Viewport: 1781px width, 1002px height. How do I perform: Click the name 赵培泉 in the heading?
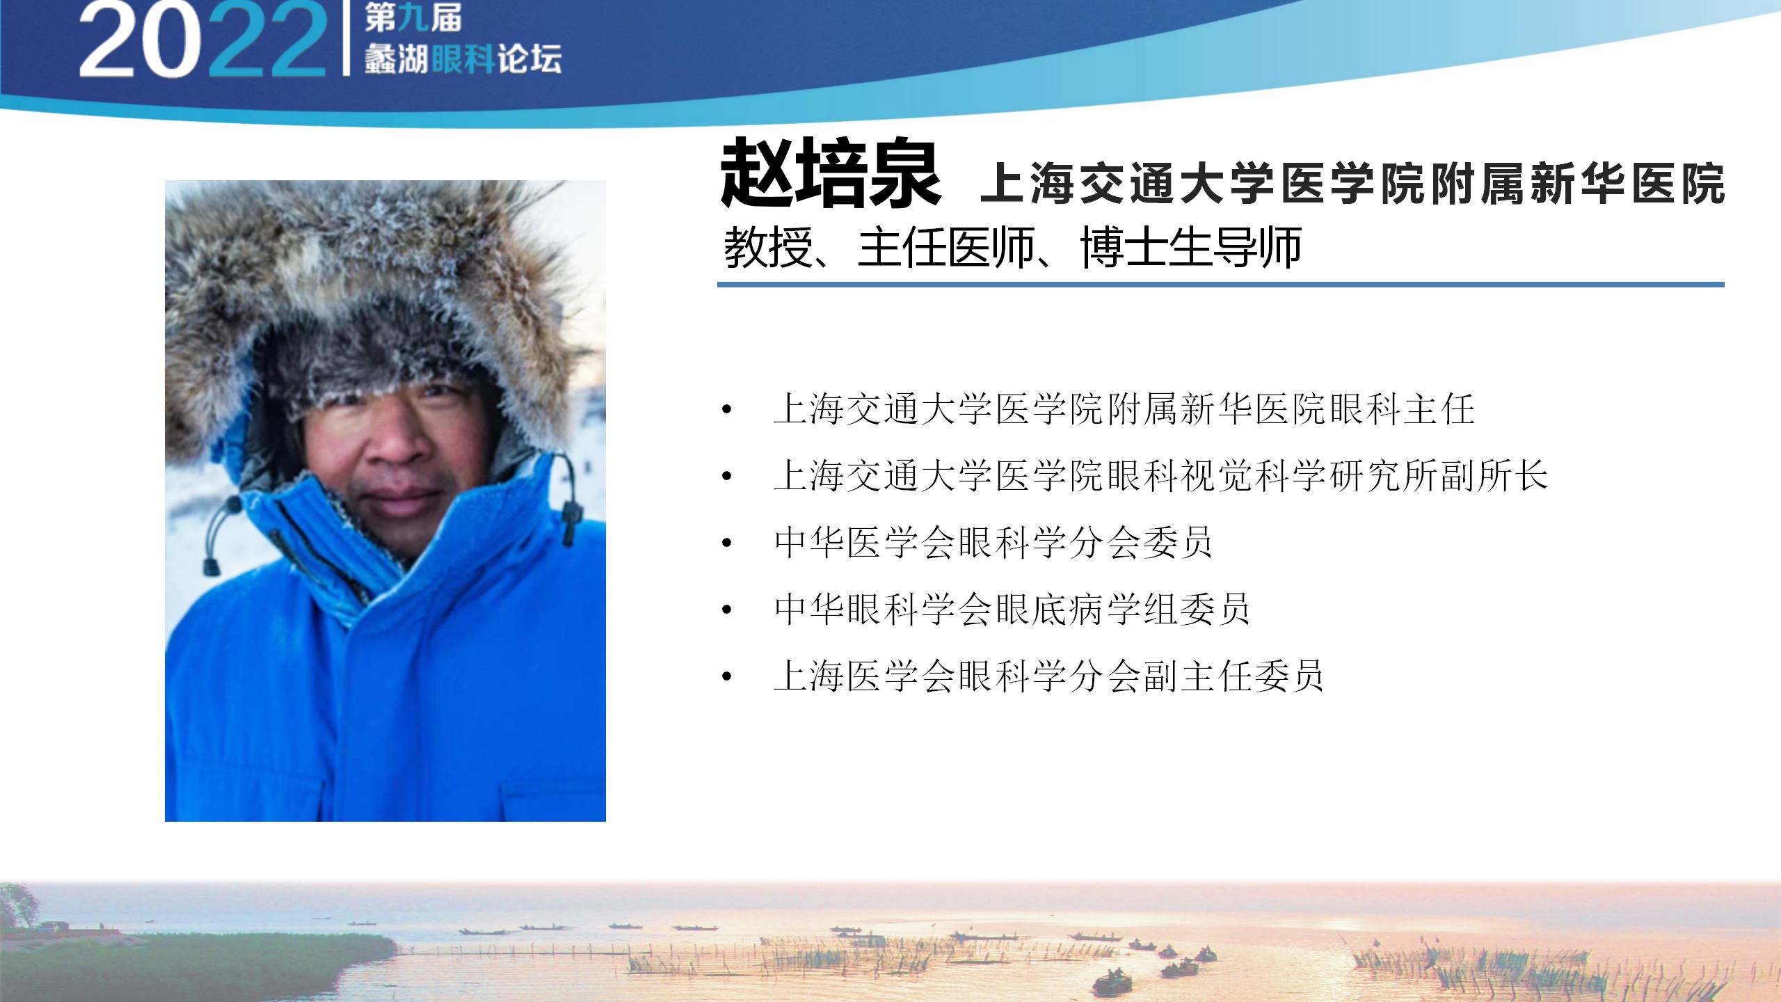[x=831, y=173]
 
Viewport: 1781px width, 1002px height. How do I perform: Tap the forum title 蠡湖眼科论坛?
[x=463, y=59]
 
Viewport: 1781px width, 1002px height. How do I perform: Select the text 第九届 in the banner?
[x=413, y=18]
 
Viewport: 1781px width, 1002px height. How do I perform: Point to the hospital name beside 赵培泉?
[x=1352, y=184]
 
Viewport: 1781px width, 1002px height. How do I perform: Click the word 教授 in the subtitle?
[x=768, y=247]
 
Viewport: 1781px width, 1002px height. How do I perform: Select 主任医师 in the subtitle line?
[x=946, y=247]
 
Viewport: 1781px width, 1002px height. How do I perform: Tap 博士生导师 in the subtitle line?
[x=1191, y=247]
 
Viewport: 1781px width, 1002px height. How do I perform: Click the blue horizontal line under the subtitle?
[x=1221, y=285]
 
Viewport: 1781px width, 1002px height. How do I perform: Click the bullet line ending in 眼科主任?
[x=1124, y=408]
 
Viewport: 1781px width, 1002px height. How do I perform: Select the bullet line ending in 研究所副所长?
[x=1160, y=476]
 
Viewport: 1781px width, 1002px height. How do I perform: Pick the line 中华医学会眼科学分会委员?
[x=993, y=543]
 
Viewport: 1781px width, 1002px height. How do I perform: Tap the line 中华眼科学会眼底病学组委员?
[x=1012, y=610]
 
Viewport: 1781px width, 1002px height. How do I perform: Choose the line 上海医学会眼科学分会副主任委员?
[x=1048, y=676]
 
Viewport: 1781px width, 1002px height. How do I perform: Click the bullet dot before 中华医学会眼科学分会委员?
[x=728, y=543]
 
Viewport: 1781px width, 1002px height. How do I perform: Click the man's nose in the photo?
[x=397, y=445]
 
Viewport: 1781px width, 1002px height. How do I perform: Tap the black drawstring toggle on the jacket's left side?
[x=209, y=565]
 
